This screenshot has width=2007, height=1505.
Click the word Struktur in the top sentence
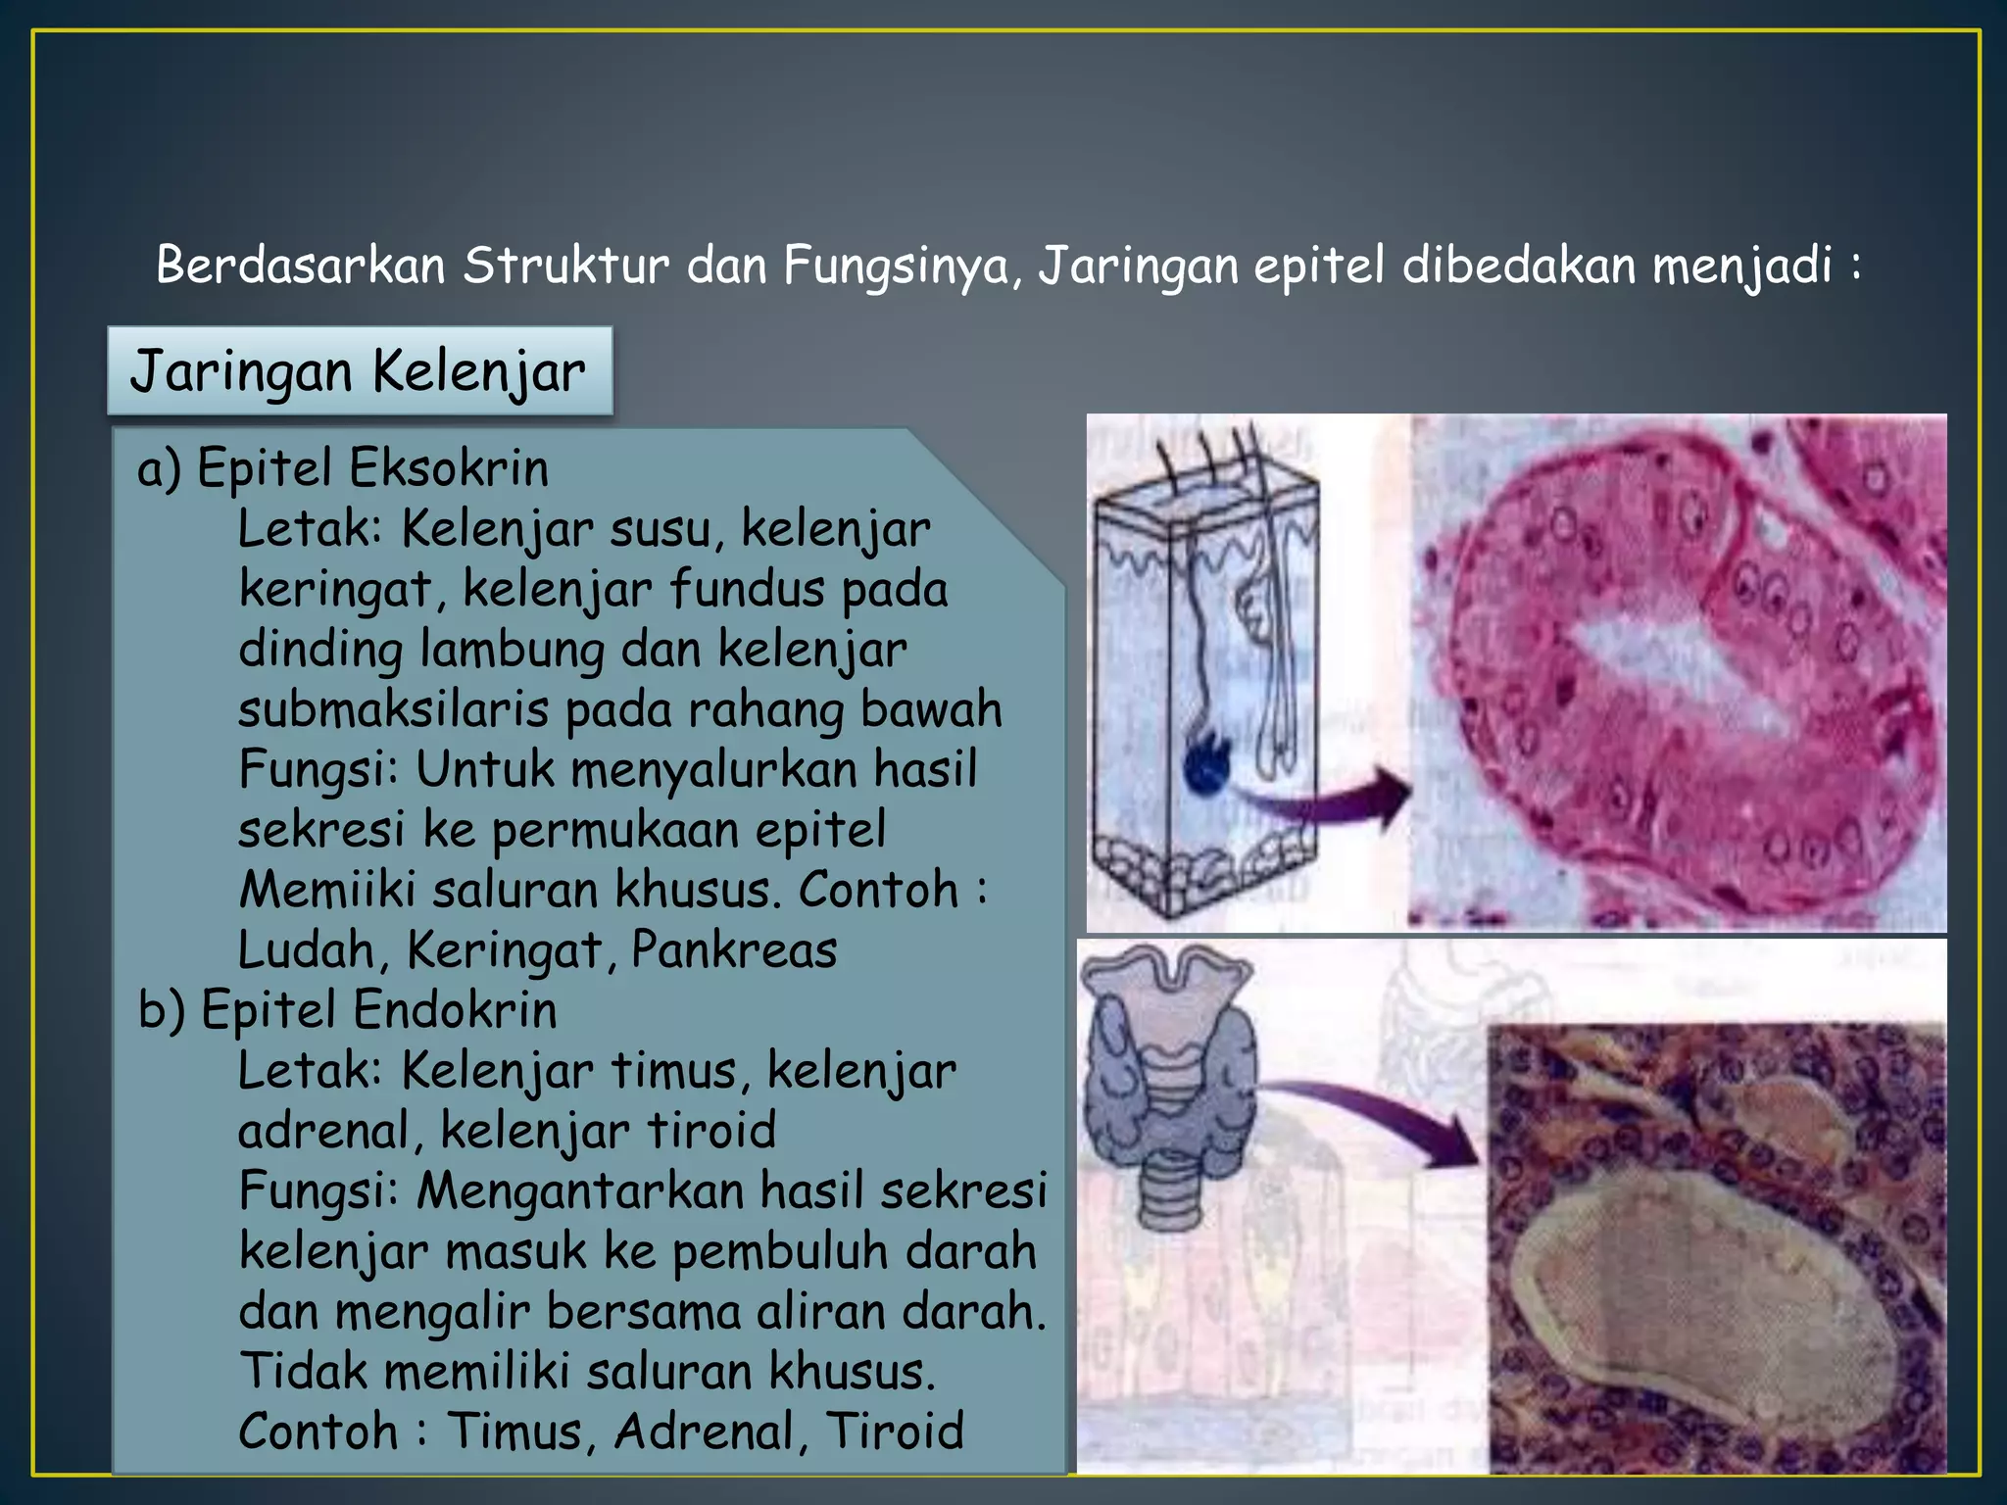pos(565,266)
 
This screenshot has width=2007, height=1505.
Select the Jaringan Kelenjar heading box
pos(360,371)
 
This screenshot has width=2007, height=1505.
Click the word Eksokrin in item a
pos(448,467)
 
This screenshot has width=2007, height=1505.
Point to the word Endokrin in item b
pos(455,1009)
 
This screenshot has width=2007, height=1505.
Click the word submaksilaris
pos(392,708)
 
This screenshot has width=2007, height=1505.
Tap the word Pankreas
pos(734,949)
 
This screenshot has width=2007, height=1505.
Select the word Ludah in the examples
pos(306,949)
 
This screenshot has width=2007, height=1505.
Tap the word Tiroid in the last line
pos(895,1431)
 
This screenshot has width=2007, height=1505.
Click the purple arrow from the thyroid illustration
pos(1382,1117)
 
